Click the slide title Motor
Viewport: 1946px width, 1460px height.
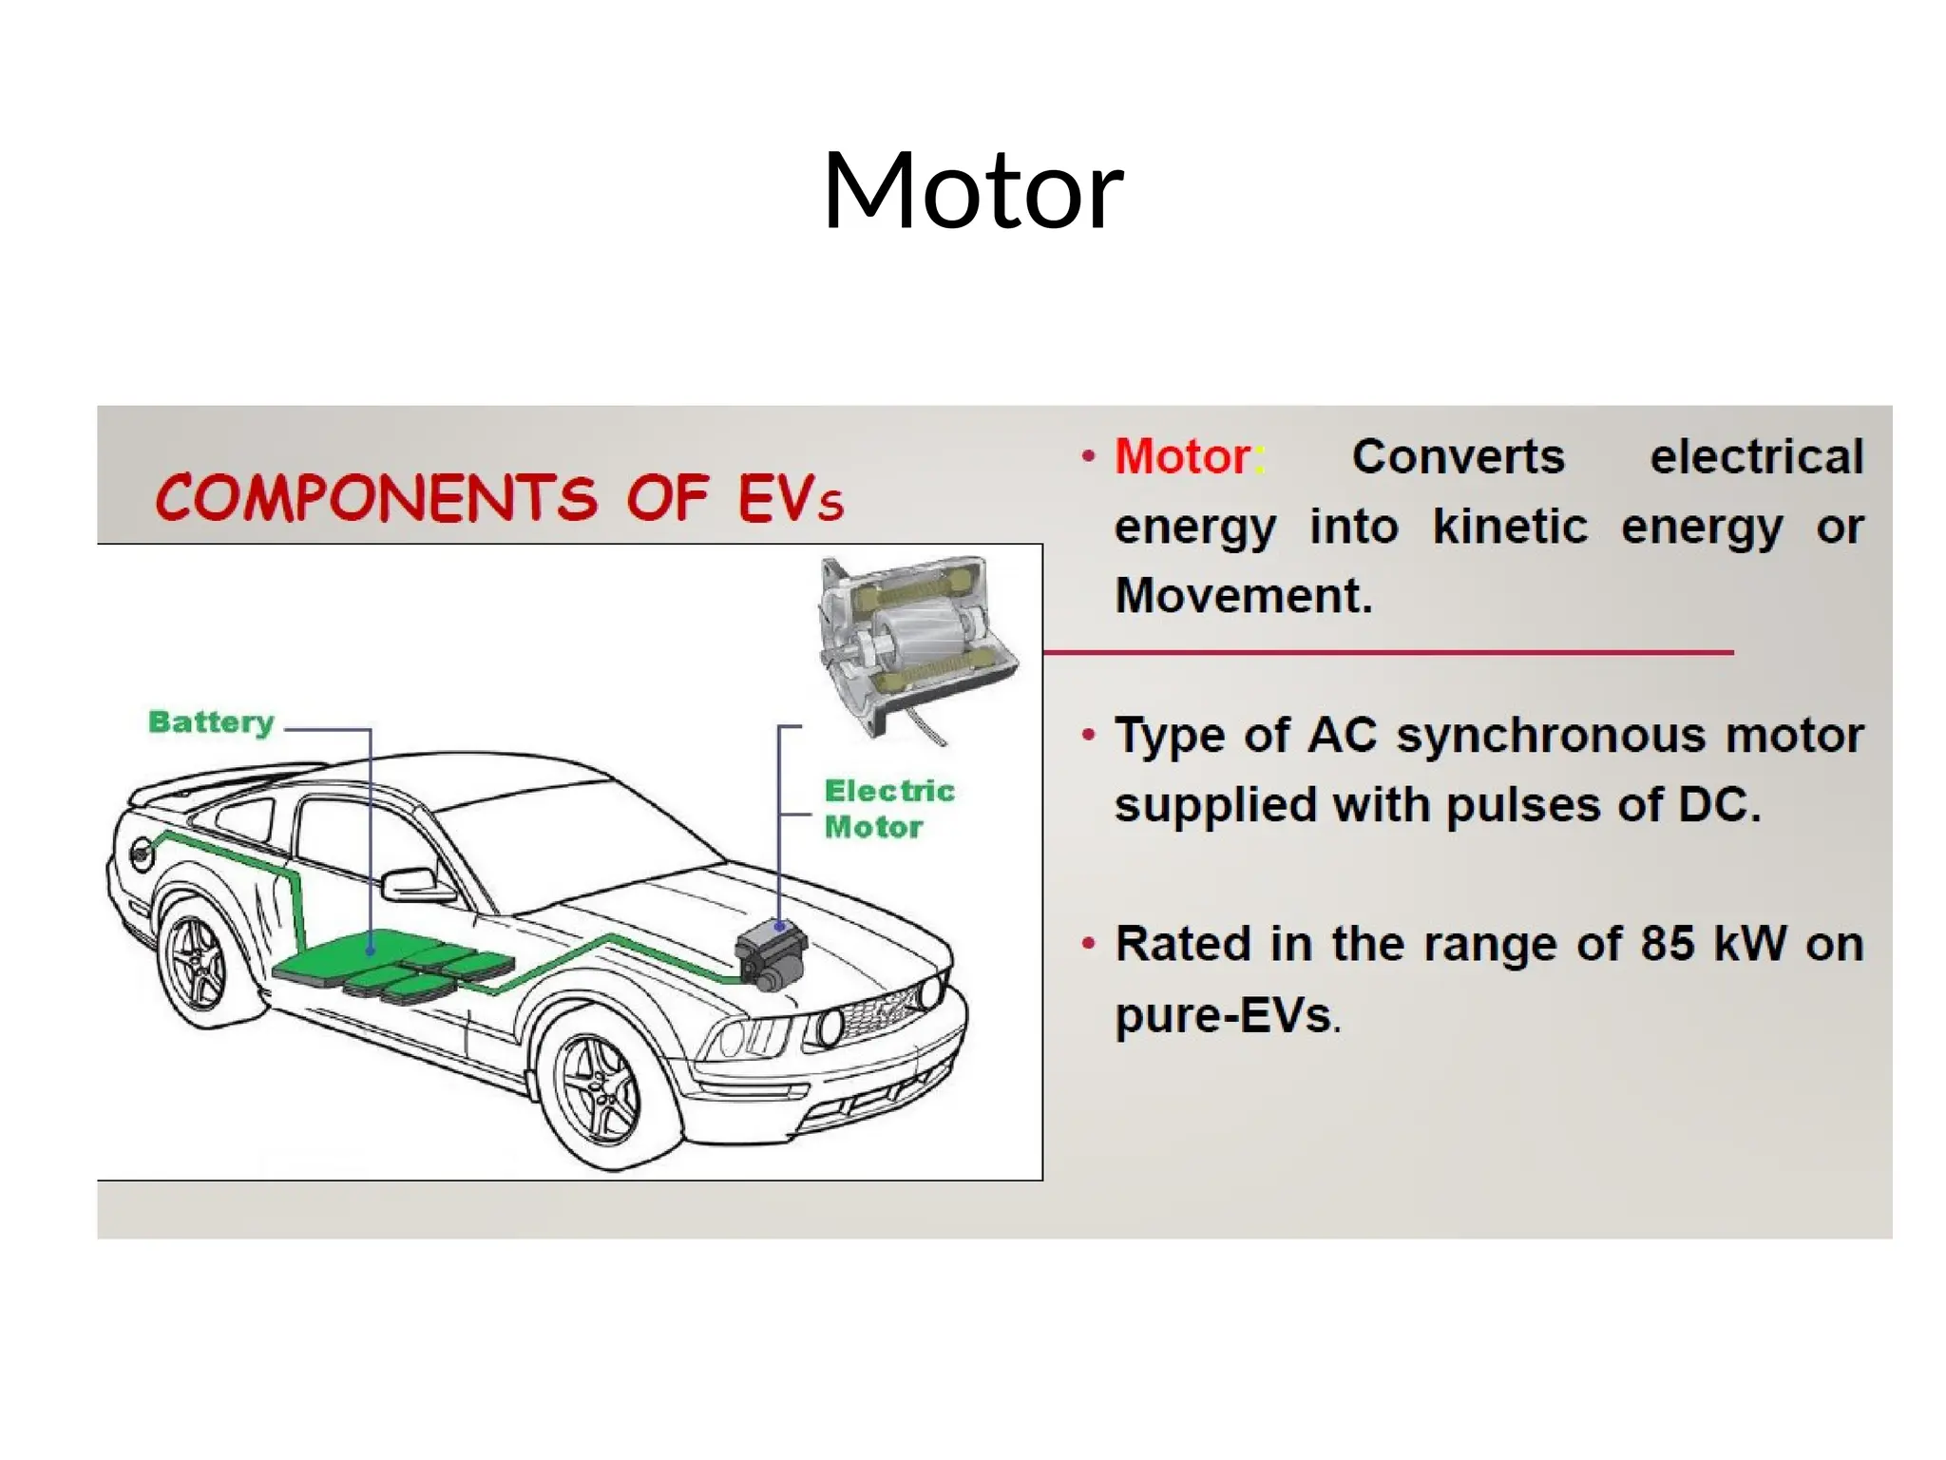pyautogui.click(x=973, y=192)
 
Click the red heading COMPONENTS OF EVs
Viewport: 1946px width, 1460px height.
pyautogui.click(x=499, y=498)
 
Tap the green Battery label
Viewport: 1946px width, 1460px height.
pyautogui.click(x=211, y=722)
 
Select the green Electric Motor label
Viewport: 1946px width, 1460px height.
pyautogui.click(x=887, y=809)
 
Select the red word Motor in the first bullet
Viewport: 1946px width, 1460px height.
pyautogui.click(x=1182, y=457)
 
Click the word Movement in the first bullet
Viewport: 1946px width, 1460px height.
pyautogui.click(x=1243, y=597)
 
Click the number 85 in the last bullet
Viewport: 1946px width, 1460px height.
pyautogui.click(x=1668, y=945)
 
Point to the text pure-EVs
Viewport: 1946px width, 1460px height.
pyautogui.click(x=1226, y=1015)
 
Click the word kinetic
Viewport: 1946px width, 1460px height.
pyautogui.click(x=1509, y=528)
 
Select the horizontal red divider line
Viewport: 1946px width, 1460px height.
pyautogui.click(x=1387, y=653)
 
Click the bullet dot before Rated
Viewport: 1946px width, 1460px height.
pyautogui.click(x=1089, y=944)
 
